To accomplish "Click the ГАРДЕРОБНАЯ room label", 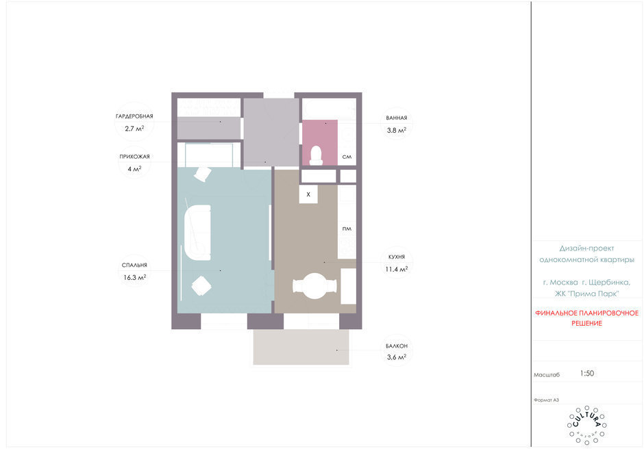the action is coord(134,116).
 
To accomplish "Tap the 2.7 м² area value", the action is coord(134,129).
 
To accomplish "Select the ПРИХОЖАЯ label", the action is coord(134,156).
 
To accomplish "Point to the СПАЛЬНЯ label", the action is coord(134,265).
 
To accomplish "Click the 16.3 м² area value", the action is coord(135,277).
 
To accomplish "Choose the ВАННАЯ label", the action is coord(397,118).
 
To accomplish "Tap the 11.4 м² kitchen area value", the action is coord(397,269).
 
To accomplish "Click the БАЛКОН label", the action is coord(397,346).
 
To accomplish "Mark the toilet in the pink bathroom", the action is coord(316,156).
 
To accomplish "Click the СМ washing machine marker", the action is coord(347,157).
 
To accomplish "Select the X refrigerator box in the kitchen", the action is coord(308,194).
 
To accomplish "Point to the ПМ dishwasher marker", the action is coord(347,229).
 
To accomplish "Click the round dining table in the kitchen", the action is coord(314,286).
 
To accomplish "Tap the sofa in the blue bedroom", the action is coord(197,232).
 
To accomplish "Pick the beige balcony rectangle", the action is coord(301,347).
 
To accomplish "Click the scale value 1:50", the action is coord(587,374).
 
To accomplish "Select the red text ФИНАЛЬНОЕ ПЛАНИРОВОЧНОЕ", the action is coord(586,313).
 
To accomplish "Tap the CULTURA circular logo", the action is coord(586,425).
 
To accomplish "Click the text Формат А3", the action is coord(546,400).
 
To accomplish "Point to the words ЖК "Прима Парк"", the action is coord(586,294).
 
